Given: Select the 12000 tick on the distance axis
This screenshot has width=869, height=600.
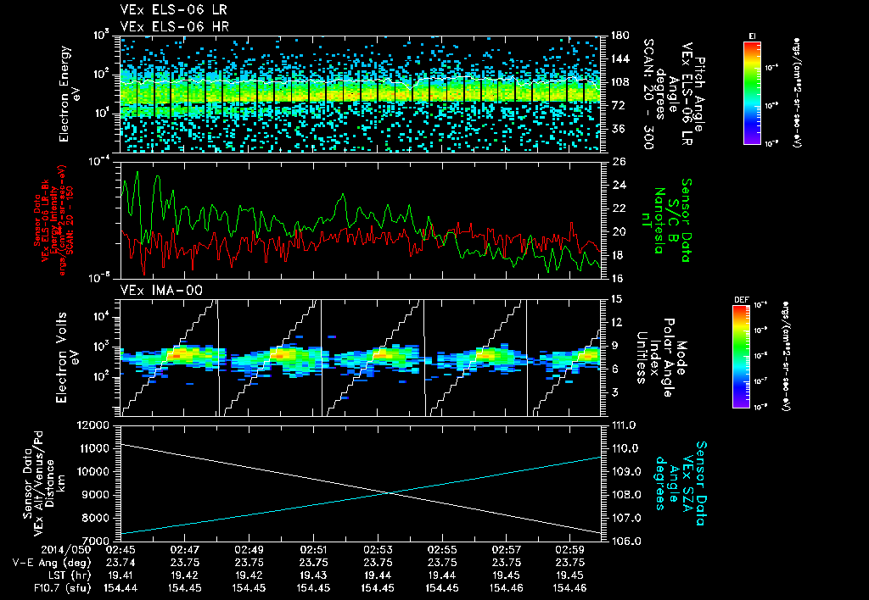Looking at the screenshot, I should [x=94, y=424].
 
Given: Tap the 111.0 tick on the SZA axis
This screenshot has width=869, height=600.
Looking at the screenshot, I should [x=623, y=424].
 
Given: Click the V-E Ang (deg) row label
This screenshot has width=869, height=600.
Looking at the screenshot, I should [x=42, y=563].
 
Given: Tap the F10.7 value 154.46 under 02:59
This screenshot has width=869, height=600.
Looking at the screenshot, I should [x=569, y=587].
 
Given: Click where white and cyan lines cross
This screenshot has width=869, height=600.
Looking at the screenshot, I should [x=389, y=493].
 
